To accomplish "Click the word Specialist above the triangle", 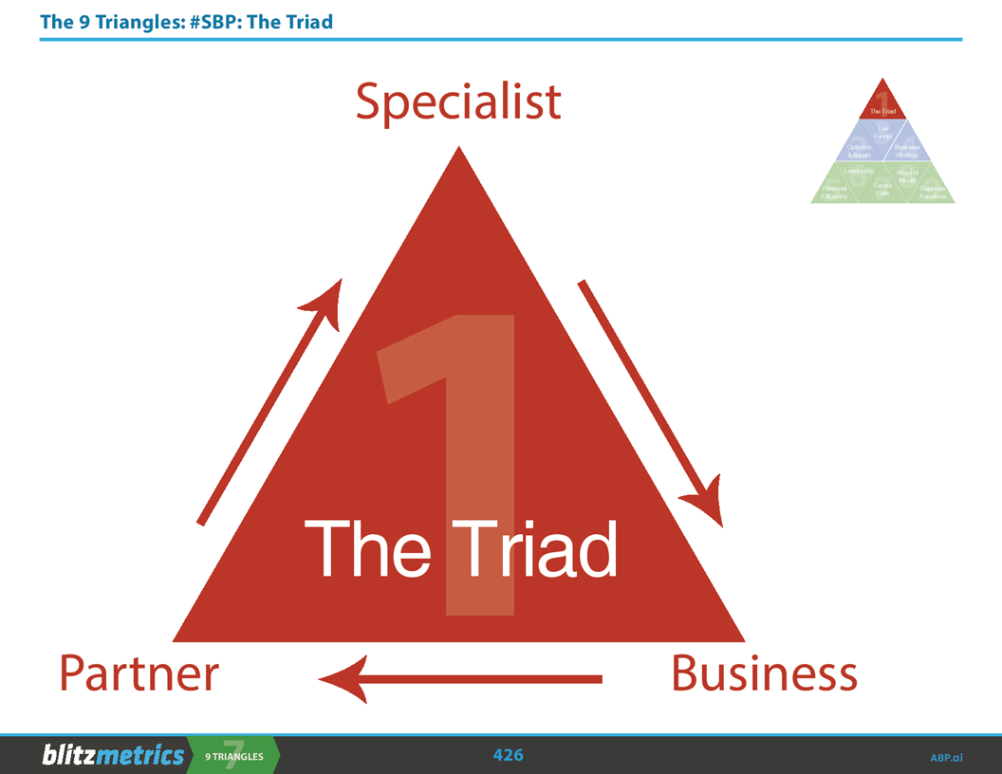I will click(x=458, y=102).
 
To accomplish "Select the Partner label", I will click(x=139, y=673).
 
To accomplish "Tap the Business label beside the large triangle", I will click(x=764, y=673).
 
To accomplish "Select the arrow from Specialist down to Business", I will click(x=650, y=403).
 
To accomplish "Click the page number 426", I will click(x=508, y=755).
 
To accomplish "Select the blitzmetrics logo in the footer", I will click(x=112, y=755).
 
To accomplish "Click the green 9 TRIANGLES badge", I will click(x=232, y=755).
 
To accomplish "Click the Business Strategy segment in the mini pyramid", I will click(x=907, y=150).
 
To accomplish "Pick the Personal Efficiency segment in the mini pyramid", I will click(x=835, y=193).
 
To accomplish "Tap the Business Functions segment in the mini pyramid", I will click(x=932, y=193).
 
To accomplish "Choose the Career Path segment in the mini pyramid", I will click(x=882, y=191).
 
